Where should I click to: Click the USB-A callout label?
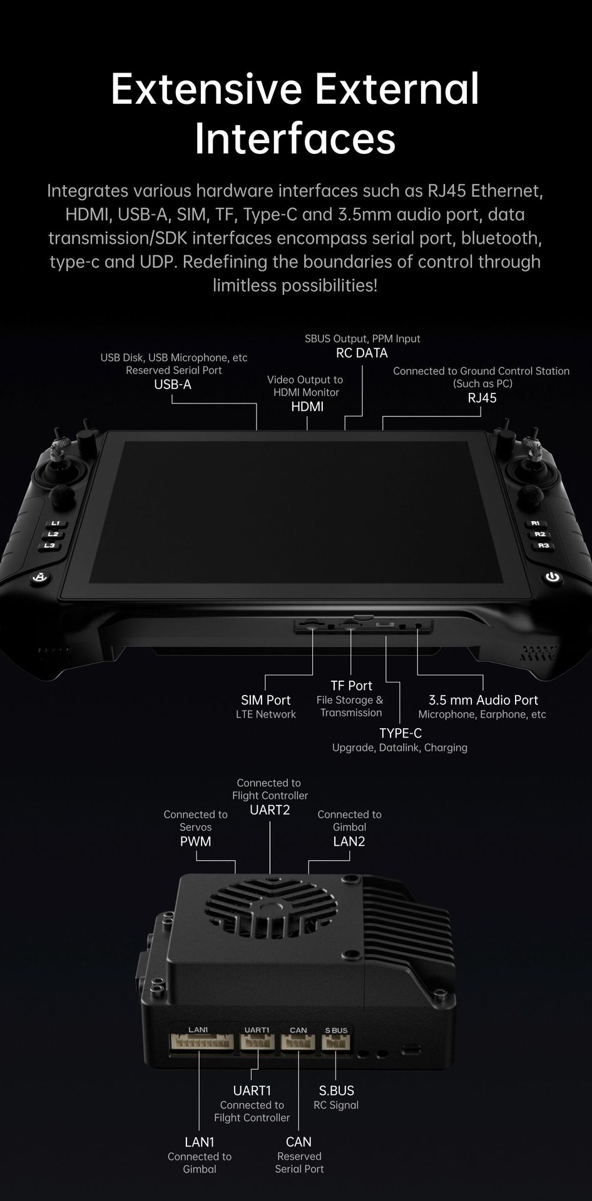[173, 385]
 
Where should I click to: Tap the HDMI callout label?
[307, 407]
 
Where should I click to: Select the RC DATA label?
[362, 353]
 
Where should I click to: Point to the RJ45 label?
[482, 398]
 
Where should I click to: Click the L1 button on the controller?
[55, 524]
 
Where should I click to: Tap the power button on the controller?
[552, 577]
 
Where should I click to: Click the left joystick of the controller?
[55, 472]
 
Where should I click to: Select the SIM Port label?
[266, 700]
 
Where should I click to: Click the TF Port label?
[351, 686]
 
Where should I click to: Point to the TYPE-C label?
[401, 733]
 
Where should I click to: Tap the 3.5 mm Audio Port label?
[483, 700]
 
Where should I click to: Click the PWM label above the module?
[195, 841]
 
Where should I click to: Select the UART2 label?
[270, 810]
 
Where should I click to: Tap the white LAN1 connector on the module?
[202, 1041]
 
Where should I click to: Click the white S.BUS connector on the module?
[335, 1041]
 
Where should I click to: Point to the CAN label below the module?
[299, 1142]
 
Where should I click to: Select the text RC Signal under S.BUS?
[336, 1105]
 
